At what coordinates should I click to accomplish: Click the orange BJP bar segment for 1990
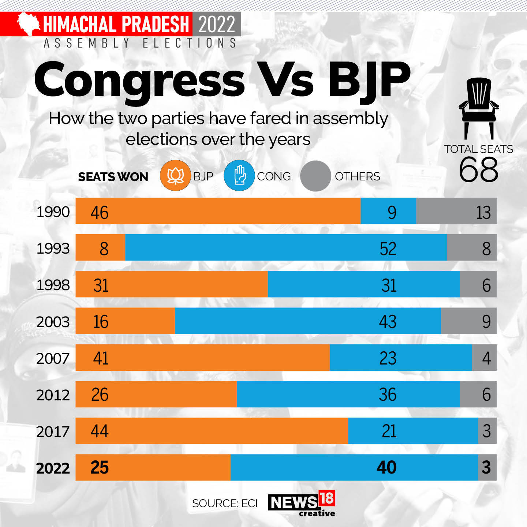coord(218,211)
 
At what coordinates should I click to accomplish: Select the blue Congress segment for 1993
coord(286,247)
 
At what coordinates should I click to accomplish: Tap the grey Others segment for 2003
coord(468,321)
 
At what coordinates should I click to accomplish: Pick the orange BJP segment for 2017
coord(212,430)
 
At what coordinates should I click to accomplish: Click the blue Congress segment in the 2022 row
coord(354,467)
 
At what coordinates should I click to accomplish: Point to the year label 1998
coord(53,285)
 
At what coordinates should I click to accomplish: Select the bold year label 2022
coord(53,468)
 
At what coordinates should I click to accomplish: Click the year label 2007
coord(53,358)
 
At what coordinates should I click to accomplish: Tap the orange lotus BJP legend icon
coord(175,176)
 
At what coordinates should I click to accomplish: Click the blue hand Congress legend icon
coord(239,176)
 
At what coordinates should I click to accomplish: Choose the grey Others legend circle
coord(315,176)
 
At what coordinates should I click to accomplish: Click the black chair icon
coord(478,108)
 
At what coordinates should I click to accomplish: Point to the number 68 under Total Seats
coord(478,169)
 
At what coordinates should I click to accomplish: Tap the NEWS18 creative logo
coord(302,503)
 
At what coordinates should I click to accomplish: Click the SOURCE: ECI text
coord(225,503)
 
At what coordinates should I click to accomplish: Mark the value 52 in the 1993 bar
coord(388,248)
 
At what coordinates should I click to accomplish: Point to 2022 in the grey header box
coord(217,24)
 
